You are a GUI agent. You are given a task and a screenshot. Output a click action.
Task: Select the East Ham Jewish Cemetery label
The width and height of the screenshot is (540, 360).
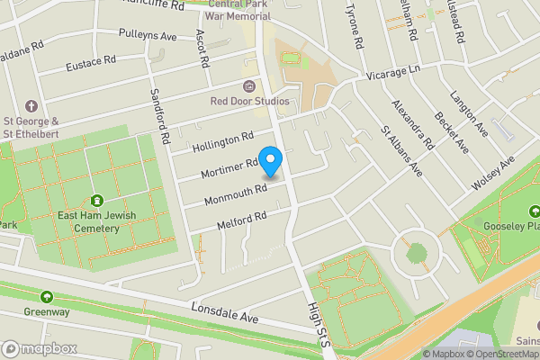pyautogui.click(x=96, y=221)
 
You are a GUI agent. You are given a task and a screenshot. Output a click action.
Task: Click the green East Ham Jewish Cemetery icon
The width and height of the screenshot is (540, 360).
pyautogui.click(x=96, y=201)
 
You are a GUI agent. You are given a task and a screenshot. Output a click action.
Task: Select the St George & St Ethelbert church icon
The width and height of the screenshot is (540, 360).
pyautogui.click(x=31, y=106)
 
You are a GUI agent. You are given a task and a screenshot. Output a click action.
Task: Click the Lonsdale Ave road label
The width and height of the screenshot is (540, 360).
pyautogui.click(x=224, y=313)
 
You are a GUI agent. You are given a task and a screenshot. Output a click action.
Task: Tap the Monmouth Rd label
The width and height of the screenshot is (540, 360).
pyautogui.click(x=236, y=193)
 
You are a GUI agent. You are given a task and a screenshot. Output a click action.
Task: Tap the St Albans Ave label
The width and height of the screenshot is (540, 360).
pyautogui.click(x=400, y=150)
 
